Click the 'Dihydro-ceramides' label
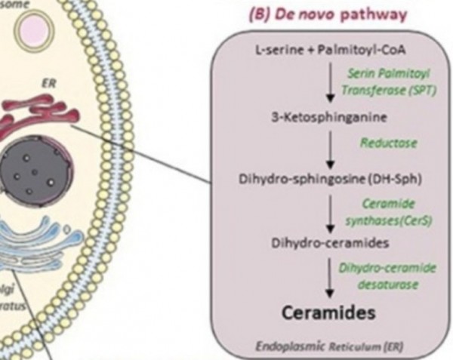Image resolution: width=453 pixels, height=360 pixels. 316,243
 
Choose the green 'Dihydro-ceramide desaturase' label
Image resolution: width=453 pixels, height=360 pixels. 390,274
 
